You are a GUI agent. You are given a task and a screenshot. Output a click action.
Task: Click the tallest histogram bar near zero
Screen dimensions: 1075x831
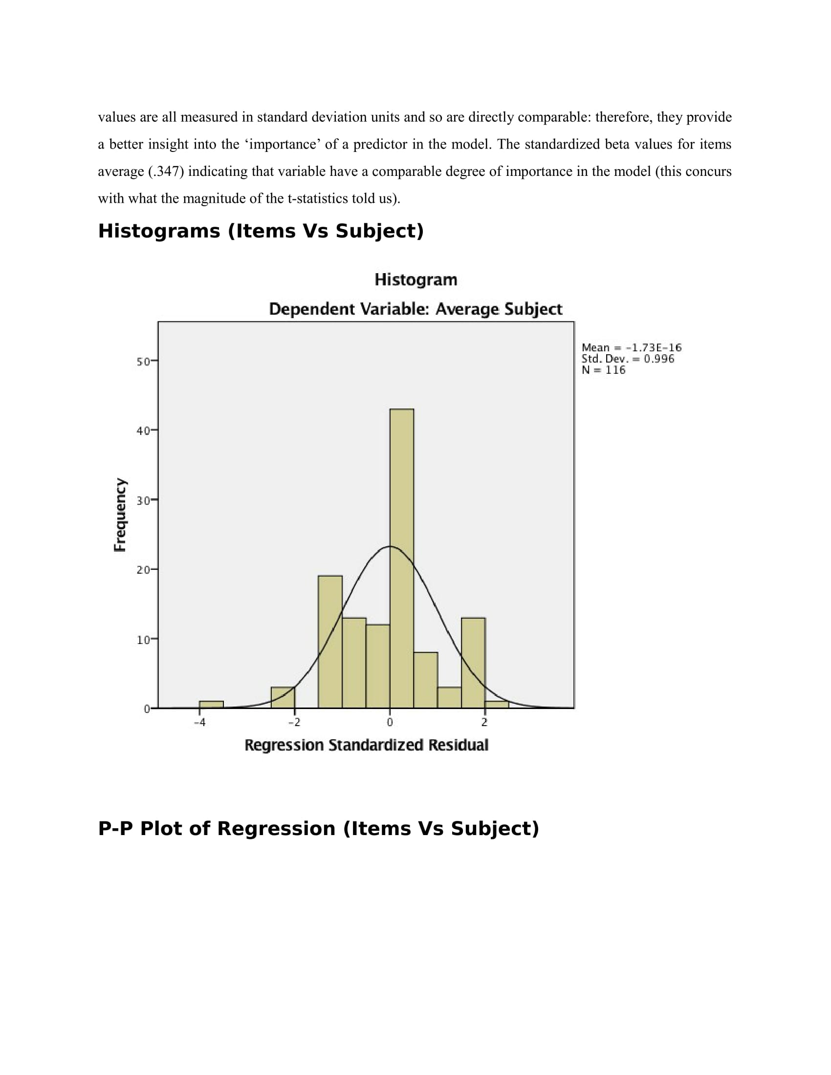pyautogui.click(x=401, y=558)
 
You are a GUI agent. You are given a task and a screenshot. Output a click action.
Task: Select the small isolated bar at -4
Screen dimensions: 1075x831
pyautogui.click(x=211, y=704)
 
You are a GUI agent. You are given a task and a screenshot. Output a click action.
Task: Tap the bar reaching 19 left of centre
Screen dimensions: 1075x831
pyautogui.click(x=330, y=642)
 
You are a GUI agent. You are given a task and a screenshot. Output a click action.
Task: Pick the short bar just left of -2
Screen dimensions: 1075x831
pyautogui.click(x=283, y=697)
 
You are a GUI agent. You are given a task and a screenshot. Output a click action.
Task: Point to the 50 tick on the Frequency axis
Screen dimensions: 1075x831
pyautogui.click(x=143, y=362)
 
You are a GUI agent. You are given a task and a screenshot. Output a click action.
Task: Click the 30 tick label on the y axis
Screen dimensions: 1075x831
pyautogui.click(x=143, y=500)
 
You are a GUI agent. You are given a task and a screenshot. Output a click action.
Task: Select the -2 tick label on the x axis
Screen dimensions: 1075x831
pyautogui.click(x=294, y=722)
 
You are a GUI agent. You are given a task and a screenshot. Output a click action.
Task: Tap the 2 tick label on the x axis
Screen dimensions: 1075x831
pyautogui.click(x=484, y=722)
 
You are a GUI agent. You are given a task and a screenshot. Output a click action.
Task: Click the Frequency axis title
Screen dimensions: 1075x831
pyautogui.click(x=120, y=515)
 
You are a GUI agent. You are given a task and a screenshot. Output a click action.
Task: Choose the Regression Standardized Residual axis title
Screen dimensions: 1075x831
pyautogui.click(x=366, y=745)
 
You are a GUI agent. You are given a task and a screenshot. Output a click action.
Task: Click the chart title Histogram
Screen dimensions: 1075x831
pyautogui.click(x=415, y=279)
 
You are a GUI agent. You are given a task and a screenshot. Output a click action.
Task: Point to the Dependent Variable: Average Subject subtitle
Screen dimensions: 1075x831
pyautogui.click(x=415, y=309)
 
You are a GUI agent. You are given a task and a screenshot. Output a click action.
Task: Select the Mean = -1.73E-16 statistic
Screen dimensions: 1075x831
pyautogui.click(x=631, y=347)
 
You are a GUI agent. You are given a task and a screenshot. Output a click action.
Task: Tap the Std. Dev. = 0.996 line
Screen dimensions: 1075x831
pyautogui.click(x=627, y=359)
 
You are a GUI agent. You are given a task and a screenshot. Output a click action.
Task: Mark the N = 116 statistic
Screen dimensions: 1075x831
pyautogui.click(x=603, y=370)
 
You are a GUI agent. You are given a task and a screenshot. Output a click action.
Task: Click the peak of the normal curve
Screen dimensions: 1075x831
pyautogui.click(x=390, y=546)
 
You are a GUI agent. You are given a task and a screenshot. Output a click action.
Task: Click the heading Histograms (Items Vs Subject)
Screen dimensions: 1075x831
pyautogui.click(x=261, y=231)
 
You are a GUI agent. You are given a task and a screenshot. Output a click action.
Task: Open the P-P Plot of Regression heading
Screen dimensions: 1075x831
pyautogui.click(x=318, y=828)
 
